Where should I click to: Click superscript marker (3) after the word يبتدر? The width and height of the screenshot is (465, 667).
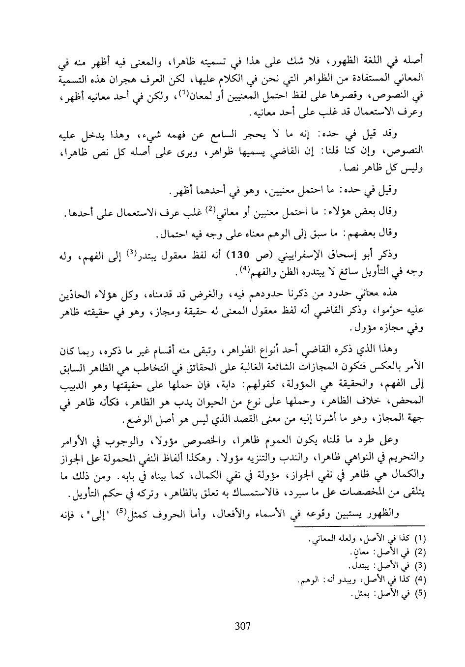coord(131,253)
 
